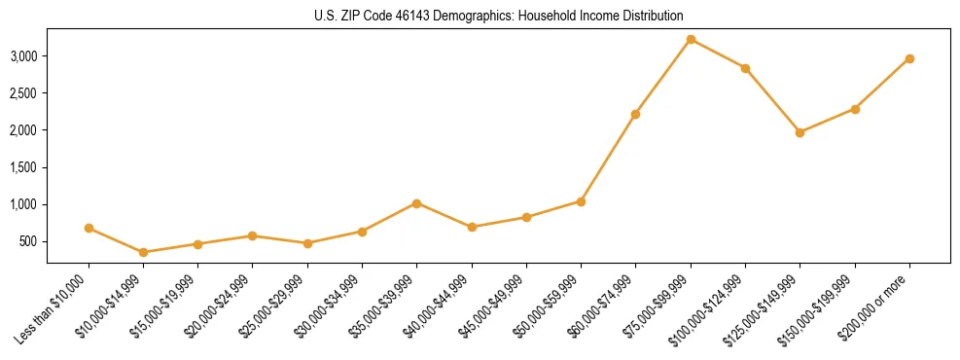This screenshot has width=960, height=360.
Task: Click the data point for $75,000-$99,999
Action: pyautogui.click(x=691, y=39)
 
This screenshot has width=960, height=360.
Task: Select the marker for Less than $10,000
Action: pyautogui.click(x=89, y=228)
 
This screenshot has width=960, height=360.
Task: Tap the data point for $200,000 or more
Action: pyautogui.click(x=909, y=58)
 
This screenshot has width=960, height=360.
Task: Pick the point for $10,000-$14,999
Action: pyautogui.click(x=144, y=252)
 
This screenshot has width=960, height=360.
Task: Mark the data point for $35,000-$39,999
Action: pyautogui.click(x=416, y=203)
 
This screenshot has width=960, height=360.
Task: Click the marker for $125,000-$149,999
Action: pyautogui.click(x=800, y=132)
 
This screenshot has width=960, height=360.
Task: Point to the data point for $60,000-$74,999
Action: pyautogui.click(x=635, y=114)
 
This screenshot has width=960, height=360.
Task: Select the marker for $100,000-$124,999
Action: pyautogui.click(x=745, y=68)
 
